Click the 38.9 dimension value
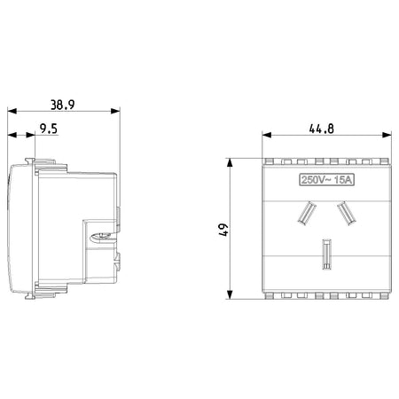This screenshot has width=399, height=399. (x=62, y=105)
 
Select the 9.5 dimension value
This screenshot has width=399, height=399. (x=49, y=129)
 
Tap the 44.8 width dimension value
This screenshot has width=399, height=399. (x=322, y=129)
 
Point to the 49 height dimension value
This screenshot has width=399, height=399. (x=223, y=230)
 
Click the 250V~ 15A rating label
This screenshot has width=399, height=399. (x=327, y=180)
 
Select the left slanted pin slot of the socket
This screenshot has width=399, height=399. (x=306, y=213)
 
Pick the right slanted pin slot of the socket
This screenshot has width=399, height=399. (x=347, y=213)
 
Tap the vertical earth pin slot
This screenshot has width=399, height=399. (x=326, y=254)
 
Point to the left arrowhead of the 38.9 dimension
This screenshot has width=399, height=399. (x=12, y=111)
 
